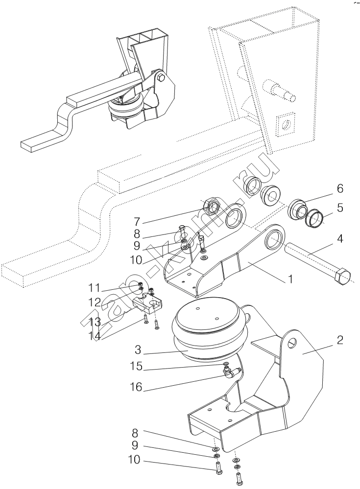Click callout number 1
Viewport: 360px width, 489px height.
290,279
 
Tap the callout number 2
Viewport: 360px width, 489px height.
340,340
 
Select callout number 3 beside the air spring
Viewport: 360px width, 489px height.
138,350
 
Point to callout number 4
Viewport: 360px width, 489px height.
340,239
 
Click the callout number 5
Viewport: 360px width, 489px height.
340,207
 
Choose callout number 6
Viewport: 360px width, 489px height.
340,188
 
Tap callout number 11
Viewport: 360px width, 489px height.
94,287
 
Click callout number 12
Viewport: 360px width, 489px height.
94,302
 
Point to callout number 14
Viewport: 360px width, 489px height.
94,336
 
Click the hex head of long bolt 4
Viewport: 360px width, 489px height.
342,276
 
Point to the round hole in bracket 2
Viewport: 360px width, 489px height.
292,342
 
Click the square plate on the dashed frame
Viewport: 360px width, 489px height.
286,124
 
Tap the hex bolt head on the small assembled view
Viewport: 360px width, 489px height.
161,77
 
